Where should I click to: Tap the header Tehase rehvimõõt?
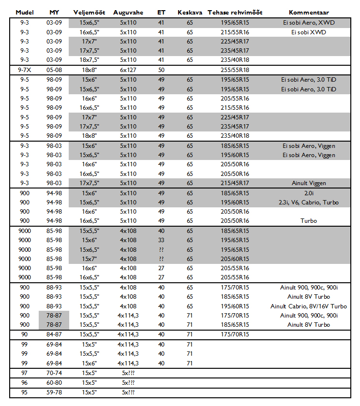(x=235, y=12)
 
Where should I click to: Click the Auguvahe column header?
(x=128, y=12)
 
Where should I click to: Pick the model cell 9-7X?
(x=25, y=70)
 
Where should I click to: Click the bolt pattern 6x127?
(x=128, y=70)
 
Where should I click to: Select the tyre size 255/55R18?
(x=235, y=70)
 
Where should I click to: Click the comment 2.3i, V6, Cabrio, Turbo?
(x=309, y=202)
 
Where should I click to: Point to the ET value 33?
(x=162, y=240)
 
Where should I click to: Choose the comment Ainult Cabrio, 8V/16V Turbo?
(x=309, y=306)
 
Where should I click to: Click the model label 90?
(x=25, y=334)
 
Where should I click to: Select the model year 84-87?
(x=54, y=334)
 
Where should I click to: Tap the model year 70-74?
(x=54, y=373)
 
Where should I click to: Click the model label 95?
(x=25, y=392)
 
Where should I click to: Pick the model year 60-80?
(x=54, y=383)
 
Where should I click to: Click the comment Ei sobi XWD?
(x=309, y=32)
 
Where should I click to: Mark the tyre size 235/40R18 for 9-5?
(x=235, y=136)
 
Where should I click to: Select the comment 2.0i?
(x=309, y=193)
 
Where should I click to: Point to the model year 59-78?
(x=54, y=392)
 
